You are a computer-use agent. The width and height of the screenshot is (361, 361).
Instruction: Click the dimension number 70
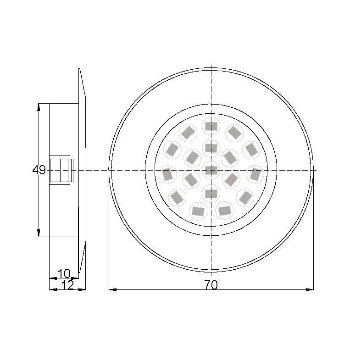point(211,285)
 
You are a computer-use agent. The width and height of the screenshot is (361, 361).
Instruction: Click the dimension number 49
point(39,170)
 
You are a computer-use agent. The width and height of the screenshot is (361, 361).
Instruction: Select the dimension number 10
point(64,274)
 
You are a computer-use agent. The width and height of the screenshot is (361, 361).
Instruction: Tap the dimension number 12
point(67,285)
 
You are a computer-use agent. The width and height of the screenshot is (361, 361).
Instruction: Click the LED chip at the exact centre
point(211,170)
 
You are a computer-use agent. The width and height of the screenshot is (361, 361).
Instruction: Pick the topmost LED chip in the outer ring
point(211,125)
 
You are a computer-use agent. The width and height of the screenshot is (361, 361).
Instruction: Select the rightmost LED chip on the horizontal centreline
point(255,174)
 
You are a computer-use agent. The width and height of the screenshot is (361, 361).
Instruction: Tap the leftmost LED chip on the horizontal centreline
point(167,174)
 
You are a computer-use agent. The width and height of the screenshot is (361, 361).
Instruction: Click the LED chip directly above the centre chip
point(211,148)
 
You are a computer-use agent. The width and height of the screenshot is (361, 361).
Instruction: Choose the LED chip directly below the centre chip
point(211,193)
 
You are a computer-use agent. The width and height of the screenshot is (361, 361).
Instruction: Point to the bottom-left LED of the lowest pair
point(198,211)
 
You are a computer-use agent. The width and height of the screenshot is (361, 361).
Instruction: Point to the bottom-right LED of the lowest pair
point(224,211)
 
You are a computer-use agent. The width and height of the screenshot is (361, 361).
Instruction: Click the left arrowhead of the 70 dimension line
point(111,289)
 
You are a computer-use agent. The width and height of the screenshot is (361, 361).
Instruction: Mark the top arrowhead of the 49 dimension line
point(39,106)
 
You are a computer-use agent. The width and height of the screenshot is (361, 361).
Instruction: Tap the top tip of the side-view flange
point(79,69)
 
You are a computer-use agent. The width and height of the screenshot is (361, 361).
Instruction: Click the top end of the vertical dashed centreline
point(211,65)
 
